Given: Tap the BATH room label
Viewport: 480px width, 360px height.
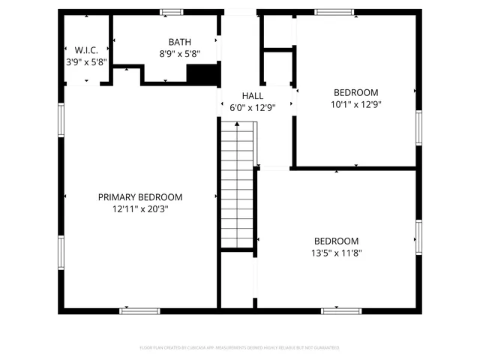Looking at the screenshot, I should [179, 42].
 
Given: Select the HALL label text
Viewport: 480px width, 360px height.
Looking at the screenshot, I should [252, 96].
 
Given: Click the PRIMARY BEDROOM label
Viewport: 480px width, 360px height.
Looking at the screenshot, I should [140, 197].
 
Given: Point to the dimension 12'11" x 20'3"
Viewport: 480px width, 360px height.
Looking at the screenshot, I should [140, 209].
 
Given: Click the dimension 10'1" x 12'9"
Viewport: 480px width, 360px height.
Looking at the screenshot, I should [355, 104].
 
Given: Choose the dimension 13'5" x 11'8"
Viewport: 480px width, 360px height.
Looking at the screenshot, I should [336, 253].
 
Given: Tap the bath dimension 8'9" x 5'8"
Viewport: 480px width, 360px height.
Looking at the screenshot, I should [179, 54].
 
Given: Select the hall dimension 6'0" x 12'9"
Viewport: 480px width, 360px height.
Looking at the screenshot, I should [252, 108].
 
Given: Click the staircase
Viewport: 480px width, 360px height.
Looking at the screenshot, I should [238, 187].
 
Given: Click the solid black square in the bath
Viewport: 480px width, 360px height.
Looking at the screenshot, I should [202, 74].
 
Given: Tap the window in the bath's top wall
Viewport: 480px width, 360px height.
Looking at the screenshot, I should [172, 11].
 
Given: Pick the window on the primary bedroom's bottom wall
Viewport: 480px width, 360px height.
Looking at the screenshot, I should [139, 310].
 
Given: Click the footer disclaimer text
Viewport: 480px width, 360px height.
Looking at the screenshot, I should [239, 348].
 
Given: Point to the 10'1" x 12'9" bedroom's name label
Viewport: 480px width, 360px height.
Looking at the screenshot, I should [355, 92].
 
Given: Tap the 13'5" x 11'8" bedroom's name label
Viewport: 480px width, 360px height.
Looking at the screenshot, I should [336, 241].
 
